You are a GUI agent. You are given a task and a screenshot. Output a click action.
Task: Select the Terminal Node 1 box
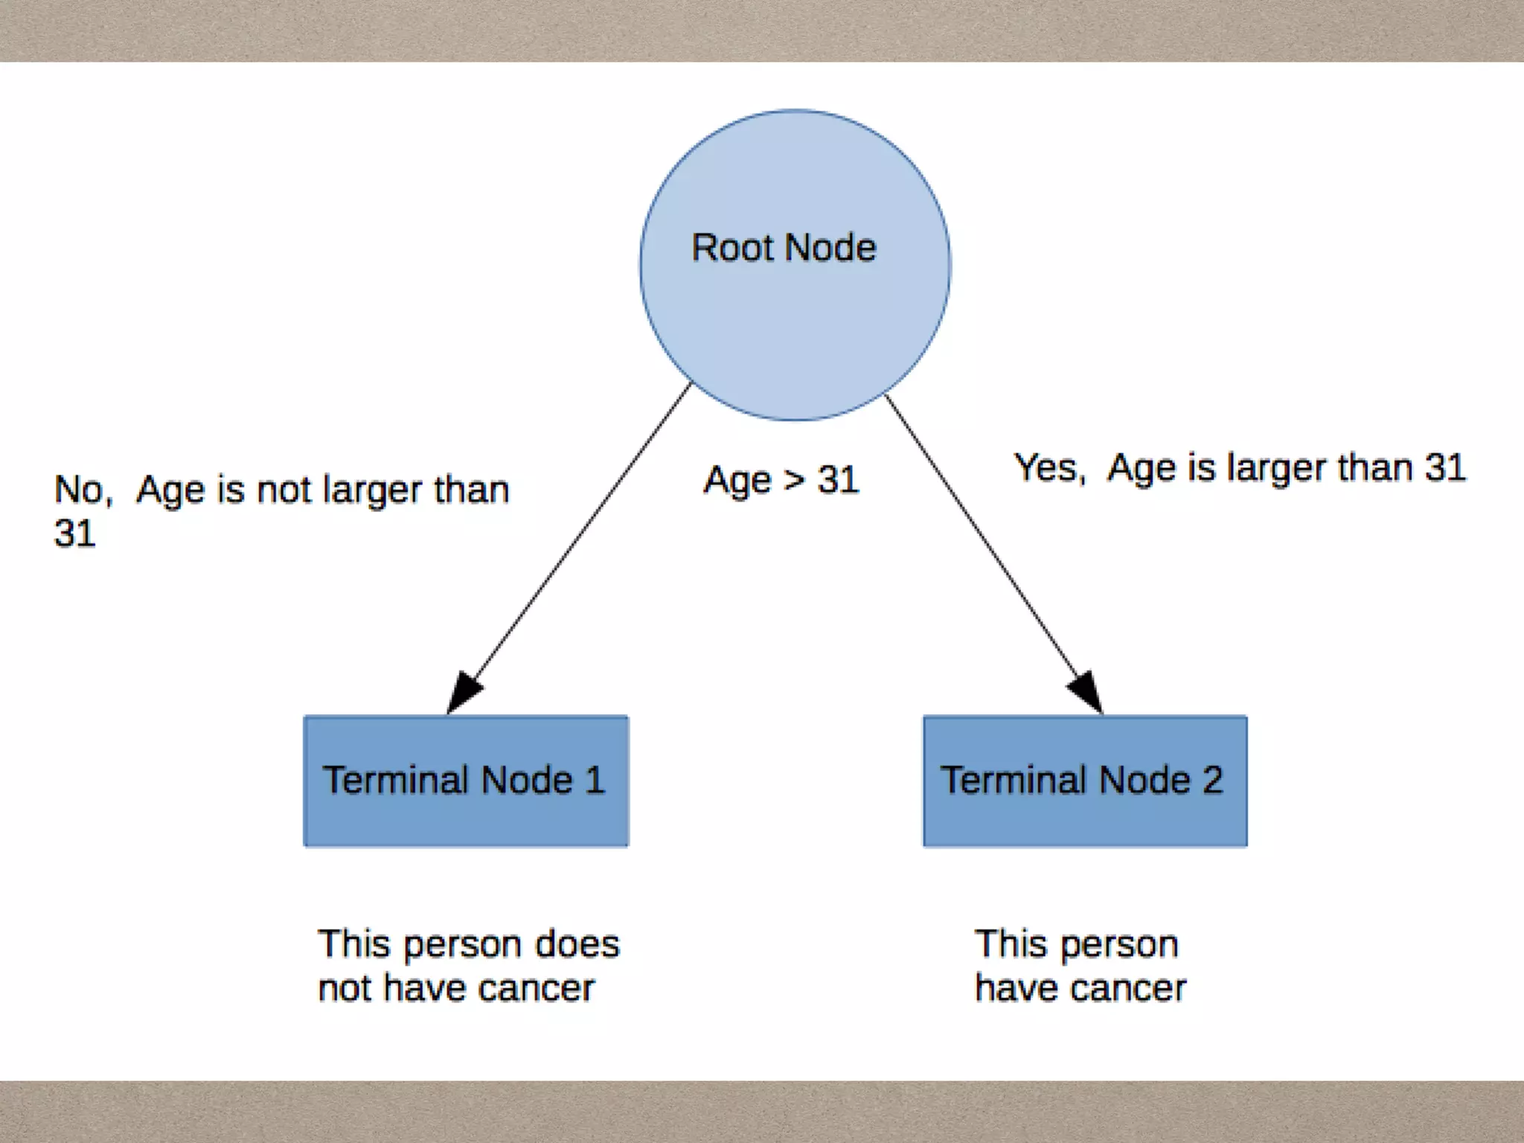pyautogui.click(x=466, y=781)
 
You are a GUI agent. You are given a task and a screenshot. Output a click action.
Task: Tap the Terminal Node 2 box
pyautogui.click(x=1085, y=781)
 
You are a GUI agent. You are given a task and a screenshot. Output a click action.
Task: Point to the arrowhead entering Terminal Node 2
pyautogui.click(x=1086, y=692)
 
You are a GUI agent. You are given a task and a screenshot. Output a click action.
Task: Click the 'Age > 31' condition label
pyautogui.click(x=781, y=480)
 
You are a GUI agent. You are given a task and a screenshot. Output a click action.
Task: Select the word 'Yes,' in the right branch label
pyautogui.click(x=1050, y=469)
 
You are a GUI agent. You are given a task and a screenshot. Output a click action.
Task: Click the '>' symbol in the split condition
pyautogui.click(x=794, y=481)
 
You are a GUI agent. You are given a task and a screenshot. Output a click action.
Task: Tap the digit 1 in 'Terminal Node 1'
pyautogui.click(x=595, y=781)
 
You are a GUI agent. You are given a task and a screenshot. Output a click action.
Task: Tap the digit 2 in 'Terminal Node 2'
pyautogui.click(x=1212, y=781)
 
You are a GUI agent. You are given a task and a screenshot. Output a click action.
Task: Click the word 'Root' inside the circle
pyautogui.click(x=732, y=248)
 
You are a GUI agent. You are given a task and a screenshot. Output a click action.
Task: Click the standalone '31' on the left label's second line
pyautogui.click(x=75, y=534)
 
